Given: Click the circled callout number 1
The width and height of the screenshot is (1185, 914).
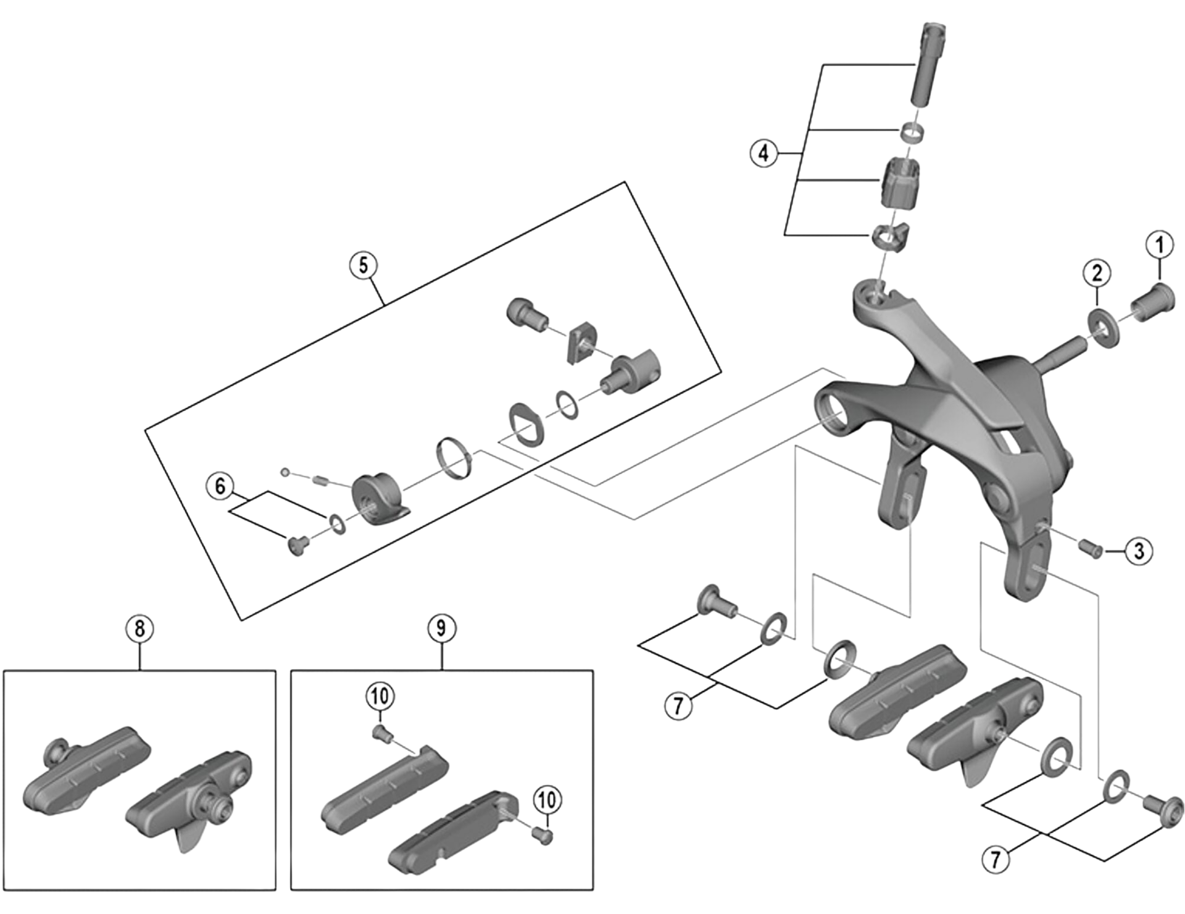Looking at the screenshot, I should (x=1159, y=245).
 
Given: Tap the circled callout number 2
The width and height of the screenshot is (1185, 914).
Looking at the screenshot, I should (x=1097, y=273).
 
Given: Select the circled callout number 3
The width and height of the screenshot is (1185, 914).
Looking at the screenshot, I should (x=1139, y=550).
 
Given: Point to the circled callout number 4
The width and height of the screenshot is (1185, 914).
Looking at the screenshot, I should (x=763, y=152).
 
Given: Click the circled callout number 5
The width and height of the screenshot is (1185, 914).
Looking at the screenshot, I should (x=363, y=265).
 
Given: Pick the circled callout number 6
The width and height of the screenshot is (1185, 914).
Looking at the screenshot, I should (x=220, y=486).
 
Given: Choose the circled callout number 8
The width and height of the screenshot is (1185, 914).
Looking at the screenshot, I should (x=139, y=629).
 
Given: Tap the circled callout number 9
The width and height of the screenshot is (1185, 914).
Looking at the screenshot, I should (x=441, y=628).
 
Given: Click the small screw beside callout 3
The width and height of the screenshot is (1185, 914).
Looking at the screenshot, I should (x=1091, y=547).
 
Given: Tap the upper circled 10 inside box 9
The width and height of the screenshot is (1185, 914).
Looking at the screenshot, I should (x=379, y=697).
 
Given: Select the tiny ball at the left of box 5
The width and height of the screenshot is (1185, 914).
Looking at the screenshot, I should (x=285, y=472).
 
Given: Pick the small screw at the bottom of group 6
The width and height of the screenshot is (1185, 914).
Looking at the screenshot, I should (x=298, y=545).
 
